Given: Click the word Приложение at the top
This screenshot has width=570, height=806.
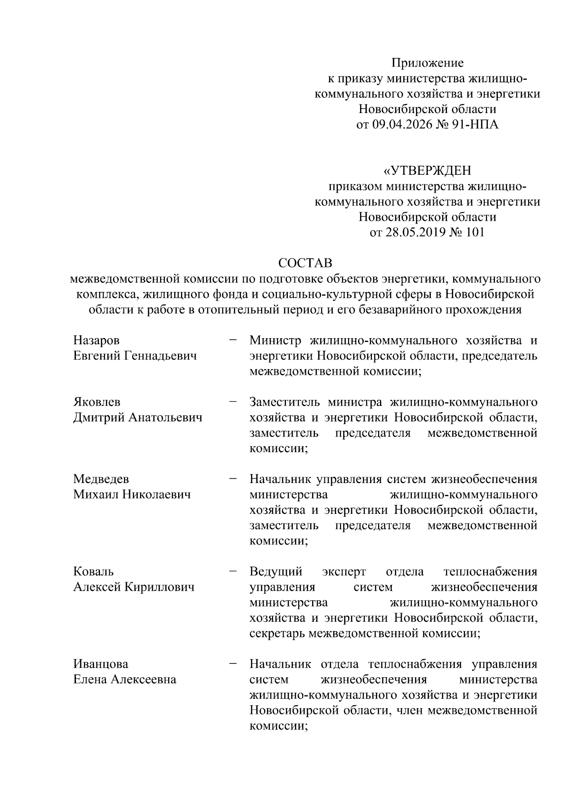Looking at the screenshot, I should (x=427, y=63).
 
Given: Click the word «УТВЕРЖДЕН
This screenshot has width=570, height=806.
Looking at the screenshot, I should (x=427, y=171).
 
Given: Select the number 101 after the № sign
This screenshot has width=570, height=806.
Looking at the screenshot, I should (x=475, y=233).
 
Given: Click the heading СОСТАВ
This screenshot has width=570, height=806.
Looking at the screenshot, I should (x=305, y=263).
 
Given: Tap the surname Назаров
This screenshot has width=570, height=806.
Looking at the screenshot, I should (x=96, y=341).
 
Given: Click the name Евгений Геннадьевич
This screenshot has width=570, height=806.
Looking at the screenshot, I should (x=135, y=356).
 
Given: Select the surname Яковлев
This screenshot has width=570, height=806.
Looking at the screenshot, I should (x=97, y=402).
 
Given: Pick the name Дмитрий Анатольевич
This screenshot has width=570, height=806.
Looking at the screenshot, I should (x=138, y=417).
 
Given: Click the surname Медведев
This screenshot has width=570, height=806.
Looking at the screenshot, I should (x=101, y=479).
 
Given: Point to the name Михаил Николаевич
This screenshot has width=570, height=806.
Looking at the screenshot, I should (x=132, y=494).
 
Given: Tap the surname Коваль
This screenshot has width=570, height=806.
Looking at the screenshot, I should (x=93, y=571).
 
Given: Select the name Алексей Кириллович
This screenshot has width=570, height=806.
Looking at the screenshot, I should (x=134, y=587).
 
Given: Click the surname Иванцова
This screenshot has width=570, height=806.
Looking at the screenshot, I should (x=101, y=664).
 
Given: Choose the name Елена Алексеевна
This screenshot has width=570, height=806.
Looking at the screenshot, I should (x=124, y=680).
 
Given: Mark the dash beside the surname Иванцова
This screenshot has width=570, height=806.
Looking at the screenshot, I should (x=233, y=664).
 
